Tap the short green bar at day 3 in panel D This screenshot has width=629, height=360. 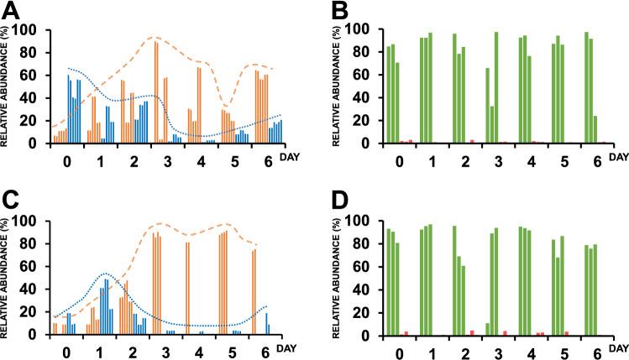click(487, 329)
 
